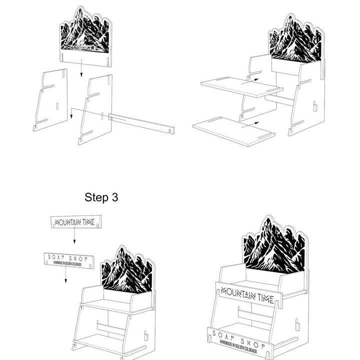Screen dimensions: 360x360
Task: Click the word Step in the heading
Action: point(96,197)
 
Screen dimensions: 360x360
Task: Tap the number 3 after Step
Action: point(115,197)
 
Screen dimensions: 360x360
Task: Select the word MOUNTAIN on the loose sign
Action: point(68,222)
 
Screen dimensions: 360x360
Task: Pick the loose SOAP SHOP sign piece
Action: point(69,260)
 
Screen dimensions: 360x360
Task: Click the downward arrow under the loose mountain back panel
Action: point(81,67)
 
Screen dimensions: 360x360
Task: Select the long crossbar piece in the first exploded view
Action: point(141,124)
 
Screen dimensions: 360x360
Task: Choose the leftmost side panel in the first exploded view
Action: point(50,100)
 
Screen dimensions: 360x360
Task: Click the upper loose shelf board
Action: point(242,87)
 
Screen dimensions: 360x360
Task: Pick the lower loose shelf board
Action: point(234,131)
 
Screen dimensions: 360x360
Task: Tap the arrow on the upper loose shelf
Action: point(250,81)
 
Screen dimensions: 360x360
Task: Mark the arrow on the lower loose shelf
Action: point(250,124)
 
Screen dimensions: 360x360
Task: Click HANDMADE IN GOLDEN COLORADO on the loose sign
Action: point(67,263)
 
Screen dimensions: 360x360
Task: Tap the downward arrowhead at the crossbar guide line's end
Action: point(71,116)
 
